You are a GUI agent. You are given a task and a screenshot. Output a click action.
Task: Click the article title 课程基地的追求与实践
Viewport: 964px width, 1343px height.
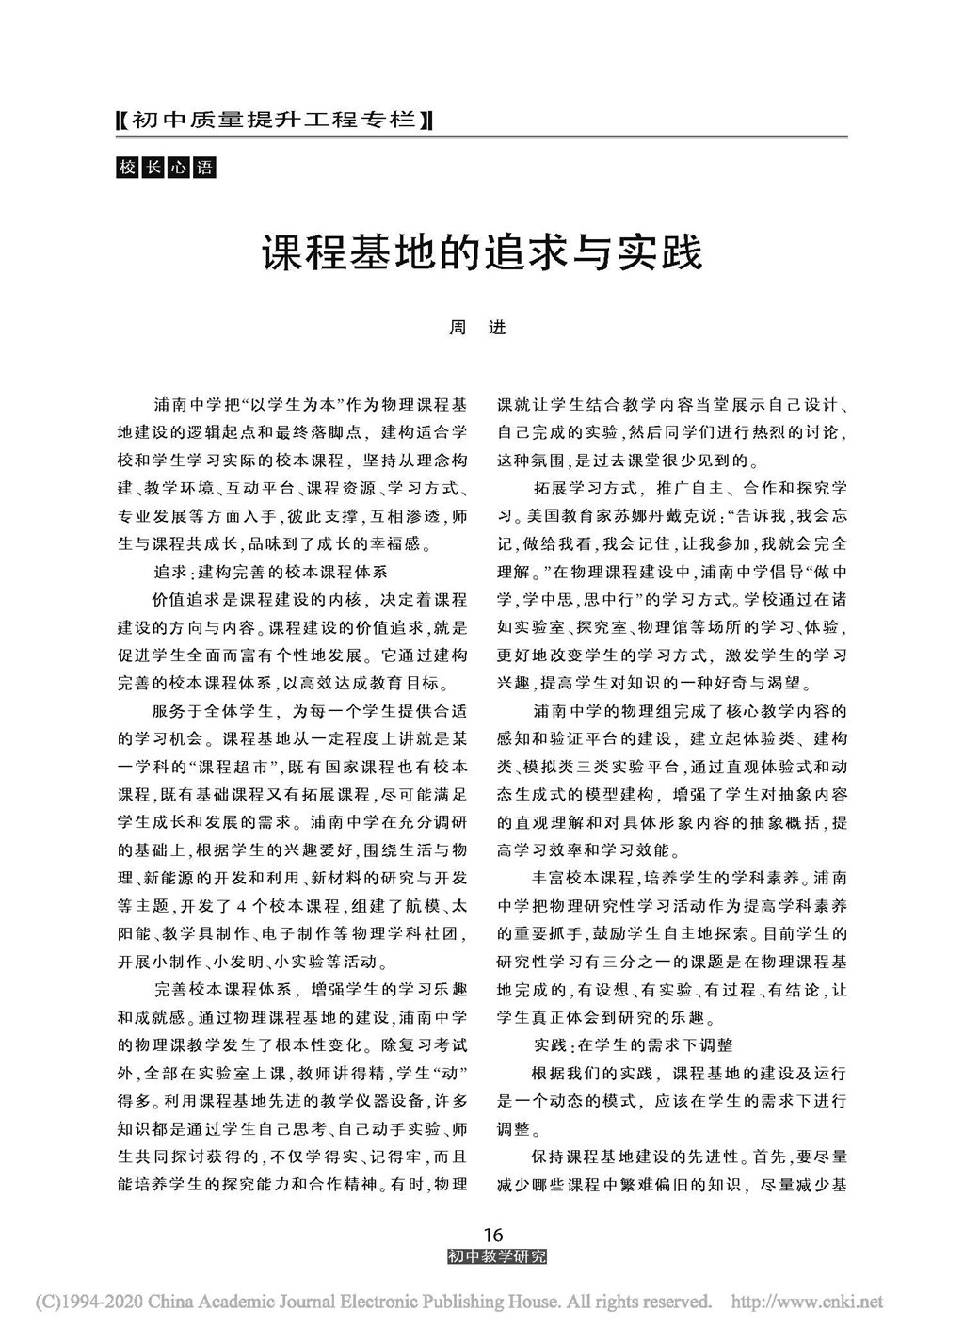481,253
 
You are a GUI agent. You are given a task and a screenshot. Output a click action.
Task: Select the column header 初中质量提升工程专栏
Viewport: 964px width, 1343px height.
272,121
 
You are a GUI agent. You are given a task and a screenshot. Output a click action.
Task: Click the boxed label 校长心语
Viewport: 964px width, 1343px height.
165,169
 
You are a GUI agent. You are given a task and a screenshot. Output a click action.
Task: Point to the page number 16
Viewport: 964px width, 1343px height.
492,1234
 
